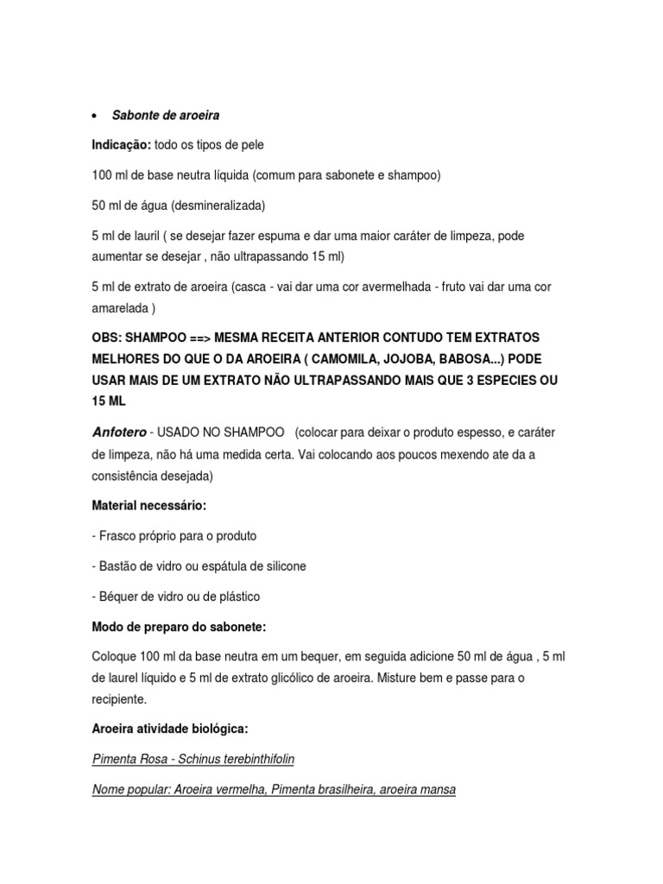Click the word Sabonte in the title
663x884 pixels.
coord(136,116)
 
